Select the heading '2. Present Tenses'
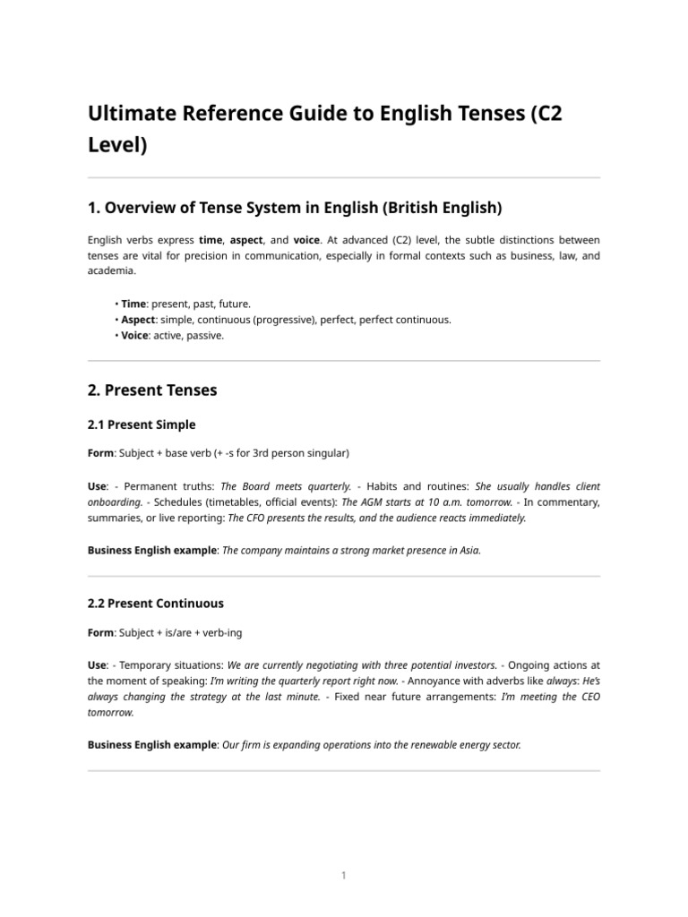pos(152,390)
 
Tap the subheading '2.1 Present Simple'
pos(142,424)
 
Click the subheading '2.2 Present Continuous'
pos(156,604)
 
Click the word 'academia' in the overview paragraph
pos(111,270)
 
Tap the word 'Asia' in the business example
pos(470,551)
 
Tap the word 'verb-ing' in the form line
pos(219,633)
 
